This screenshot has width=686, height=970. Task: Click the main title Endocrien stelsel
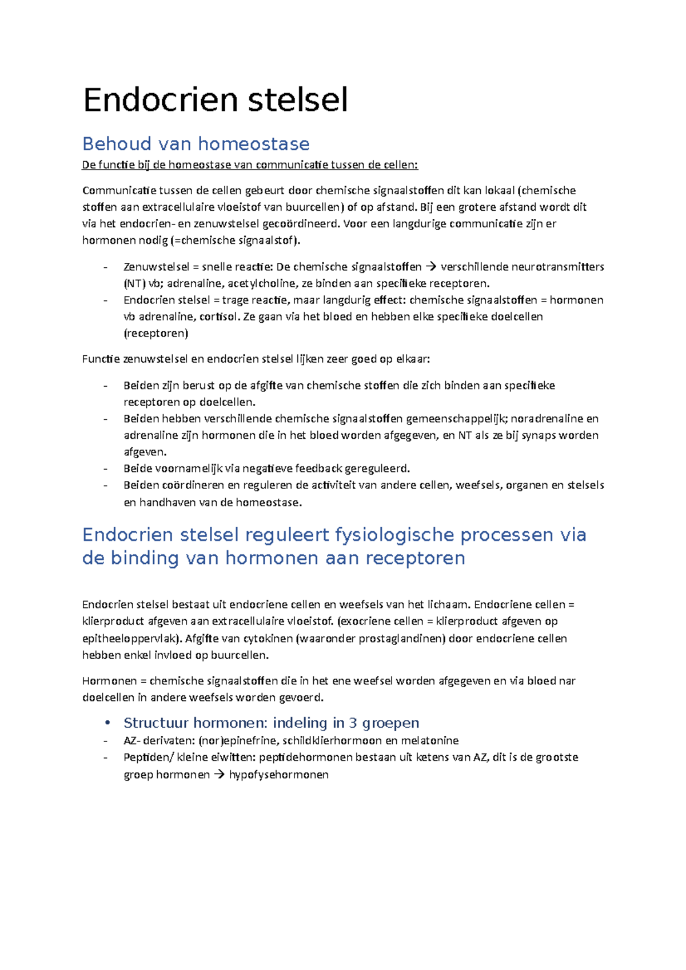pyautogui.click(x=215, y=100)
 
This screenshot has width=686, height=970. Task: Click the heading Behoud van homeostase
pyautogui.click(x=196, y=143)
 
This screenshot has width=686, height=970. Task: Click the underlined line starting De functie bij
pyautogui.click(x=250, y=165)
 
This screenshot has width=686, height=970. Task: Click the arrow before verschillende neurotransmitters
pyautogui.click(x=431, y=267)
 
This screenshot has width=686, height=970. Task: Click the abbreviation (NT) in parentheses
pyautogui.click(x=134, y=283)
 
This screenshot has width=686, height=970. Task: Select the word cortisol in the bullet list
pyautogui.click(x=218, y=316)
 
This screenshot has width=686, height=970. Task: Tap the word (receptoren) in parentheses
pyautogui.click(x=155, y=333)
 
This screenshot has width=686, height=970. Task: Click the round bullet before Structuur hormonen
pyautogui.click(x=107, y=723)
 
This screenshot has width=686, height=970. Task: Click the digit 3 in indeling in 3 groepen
pyautogui.click(x=353, y=723)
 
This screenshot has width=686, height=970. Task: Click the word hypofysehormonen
pyautogui.click(x=278, y=775)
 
